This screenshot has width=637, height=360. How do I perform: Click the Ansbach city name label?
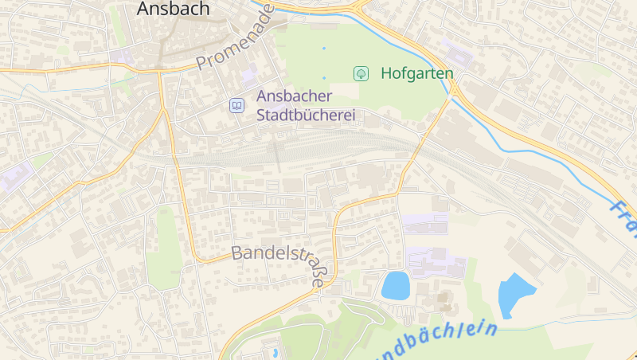[x=173, y=9]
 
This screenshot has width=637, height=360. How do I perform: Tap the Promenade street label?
[x=235, y=37]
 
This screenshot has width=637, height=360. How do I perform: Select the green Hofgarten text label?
[x=416, y=73]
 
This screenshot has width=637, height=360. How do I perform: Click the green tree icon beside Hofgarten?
[x=361, y=73]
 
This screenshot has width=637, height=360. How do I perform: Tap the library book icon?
[x=236, y=105]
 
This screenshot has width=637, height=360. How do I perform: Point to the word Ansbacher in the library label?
[x=293, y=96]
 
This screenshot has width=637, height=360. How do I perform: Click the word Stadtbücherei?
[x=305, y=115]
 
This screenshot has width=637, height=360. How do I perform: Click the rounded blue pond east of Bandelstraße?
[x=395, y=285]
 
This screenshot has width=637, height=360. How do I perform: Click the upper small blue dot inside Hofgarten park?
[x=324, y=49]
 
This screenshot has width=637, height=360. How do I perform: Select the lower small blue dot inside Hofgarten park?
[x=324, y=77]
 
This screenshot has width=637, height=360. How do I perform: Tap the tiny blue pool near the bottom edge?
[x=275, y=351]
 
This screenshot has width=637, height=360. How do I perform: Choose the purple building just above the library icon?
[x=249, y=76]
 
